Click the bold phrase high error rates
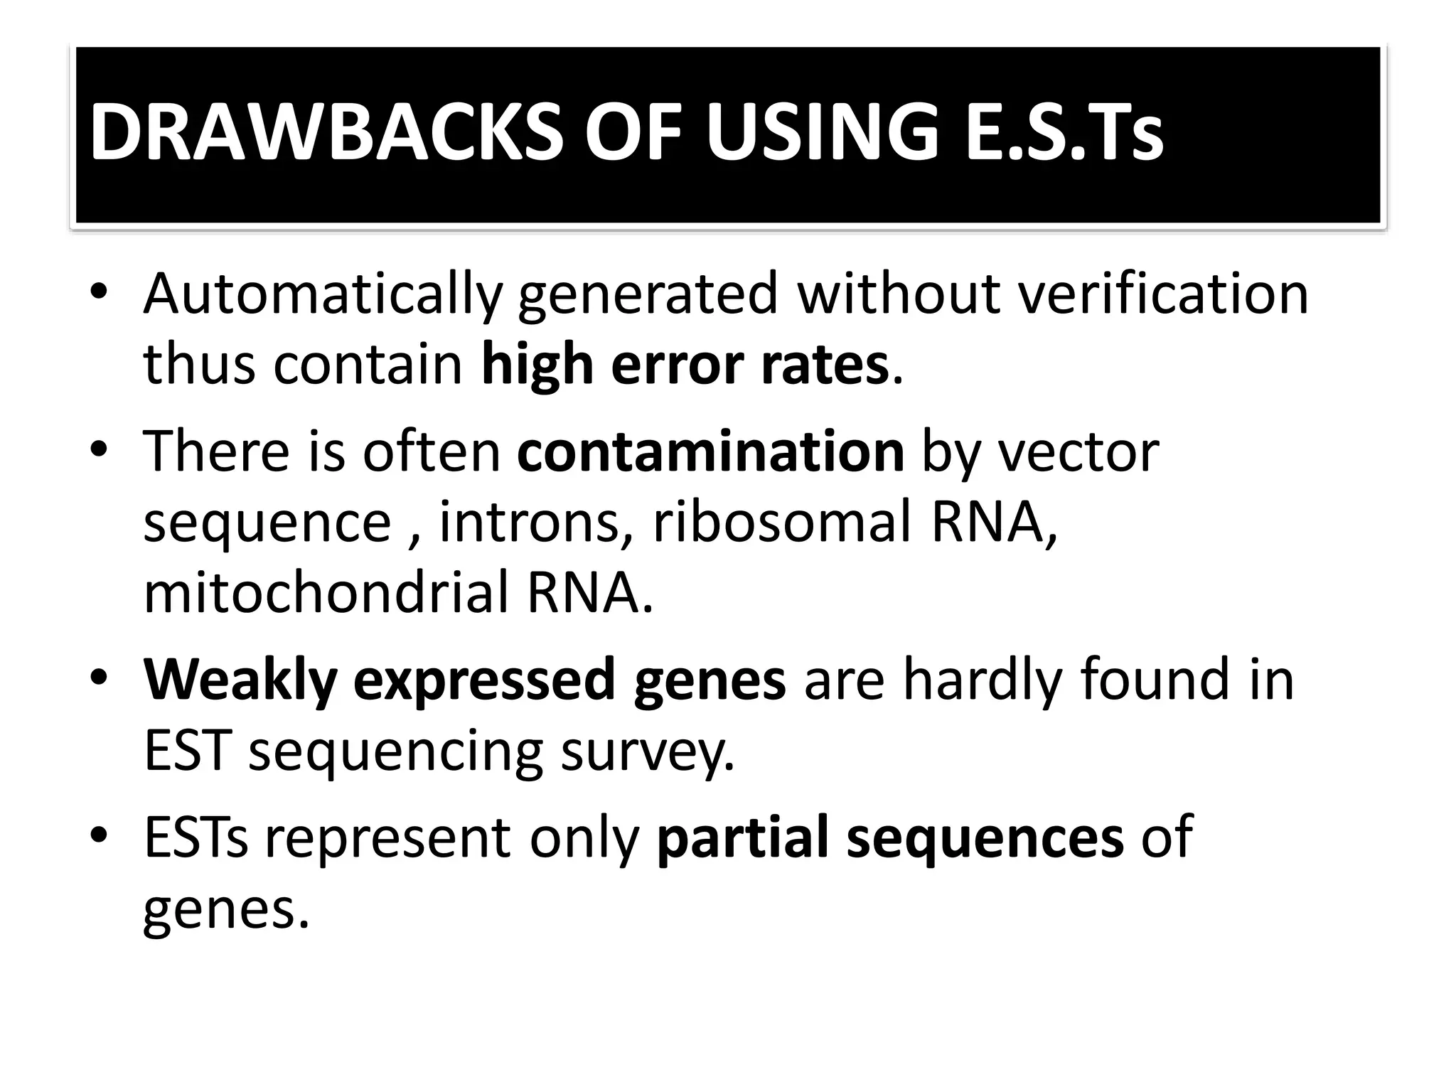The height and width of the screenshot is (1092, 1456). pos(685,365)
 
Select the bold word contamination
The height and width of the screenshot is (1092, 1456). pos(710,451)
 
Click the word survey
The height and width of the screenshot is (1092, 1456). pos(647,752)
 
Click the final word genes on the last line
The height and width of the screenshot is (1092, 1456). pos(225,911)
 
